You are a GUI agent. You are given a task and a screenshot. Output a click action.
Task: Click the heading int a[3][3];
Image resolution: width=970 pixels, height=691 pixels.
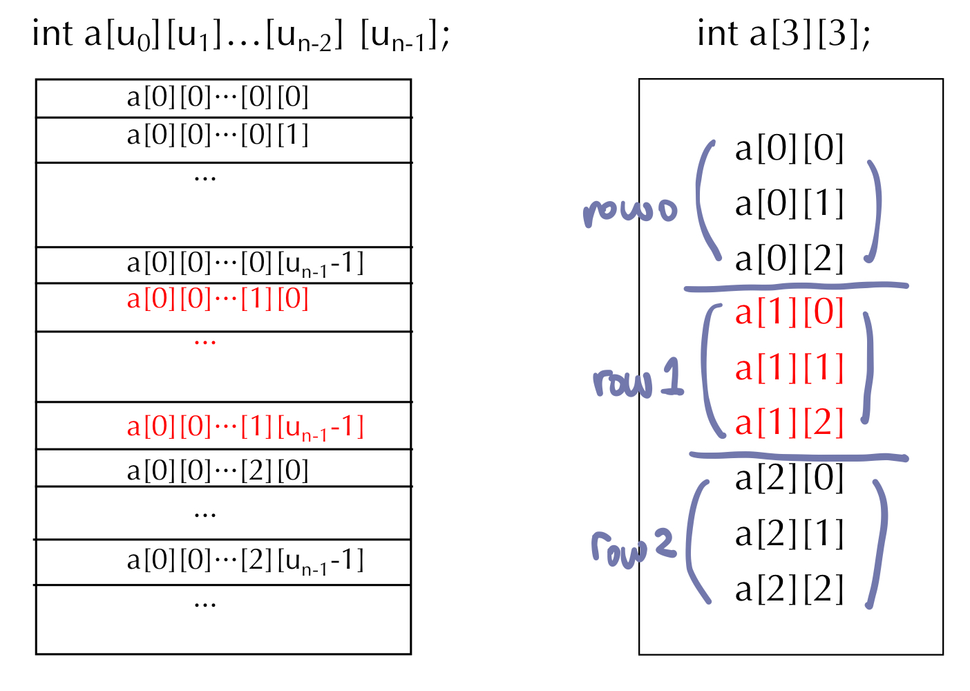[x=783, y=34]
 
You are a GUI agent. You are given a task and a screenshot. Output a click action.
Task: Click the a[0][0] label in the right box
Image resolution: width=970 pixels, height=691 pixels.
[x=789, y=149]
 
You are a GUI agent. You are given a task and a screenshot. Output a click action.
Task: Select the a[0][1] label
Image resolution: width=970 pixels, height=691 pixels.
[x=789, y=204]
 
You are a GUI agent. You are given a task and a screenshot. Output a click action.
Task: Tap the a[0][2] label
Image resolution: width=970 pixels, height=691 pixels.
[x=789, y=259]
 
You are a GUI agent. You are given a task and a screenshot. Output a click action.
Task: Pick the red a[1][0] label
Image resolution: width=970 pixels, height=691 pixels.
[x=789, y=312]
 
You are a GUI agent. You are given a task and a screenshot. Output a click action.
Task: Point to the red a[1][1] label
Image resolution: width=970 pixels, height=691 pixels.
[x=789, y=368]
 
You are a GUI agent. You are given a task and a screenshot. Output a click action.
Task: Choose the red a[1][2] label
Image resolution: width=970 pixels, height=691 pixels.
[x=789, y=423]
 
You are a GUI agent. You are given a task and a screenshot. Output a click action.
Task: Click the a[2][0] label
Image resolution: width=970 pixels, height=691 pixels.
[x=789, y=478]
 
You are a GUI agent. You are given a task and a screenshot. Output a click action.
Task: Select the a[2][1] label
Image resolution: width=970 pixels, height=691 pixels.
[x=789, y=534]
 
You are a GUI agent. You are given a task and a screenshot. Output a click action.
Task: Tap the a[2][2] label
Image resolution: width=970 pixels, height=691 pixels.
[x=789, y=589]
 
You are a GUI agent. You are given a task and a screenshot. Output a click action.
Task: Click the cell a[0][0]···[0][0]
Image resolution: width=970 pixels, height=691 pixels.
[x=218, y=97]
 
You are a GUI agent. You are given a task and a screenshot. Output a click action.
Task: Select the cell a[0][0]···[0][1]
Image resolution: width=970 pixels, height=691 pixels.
[x=218, y=135]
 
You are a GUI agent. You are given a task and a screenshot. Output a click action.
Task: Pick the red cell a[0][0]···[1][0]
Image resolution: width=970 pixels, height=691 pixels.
[x=218, y=299]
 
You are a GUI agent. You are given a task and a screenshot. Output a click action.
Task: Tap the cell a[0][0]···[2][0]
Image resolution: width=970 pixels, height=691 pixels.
[x=218, y=471]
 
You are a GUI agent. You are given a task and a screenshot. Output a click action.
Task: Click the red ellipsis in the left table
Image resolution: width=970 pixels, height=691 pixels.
[x=205, y=341]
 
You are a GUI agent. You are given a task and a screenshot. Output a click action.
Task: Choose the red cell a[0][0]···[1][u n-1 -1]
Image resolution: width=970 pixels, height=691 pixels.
[x=245, y=428]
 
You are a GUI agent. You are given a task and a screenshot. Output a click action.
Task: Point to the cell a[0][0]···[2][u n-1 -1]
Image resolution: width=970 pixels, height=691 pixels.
[x=245, y=560]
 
